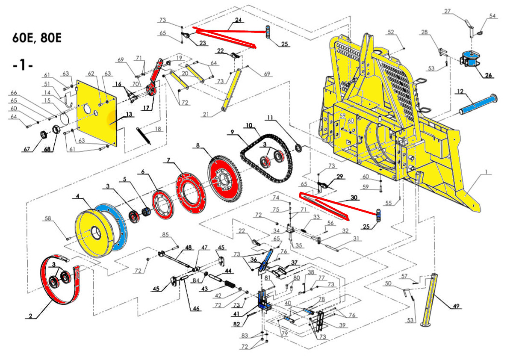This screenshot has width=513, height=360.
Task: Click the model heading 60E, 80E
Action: (x=37, y=38)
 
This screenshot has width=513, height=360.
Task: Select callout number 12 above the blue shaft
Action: (x=460, y=91)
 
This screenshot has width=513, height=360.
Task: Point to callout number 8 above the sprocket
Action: (x=198, y=145)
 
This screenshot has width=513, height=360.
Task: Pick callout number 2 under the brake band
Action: (x=30, y=317)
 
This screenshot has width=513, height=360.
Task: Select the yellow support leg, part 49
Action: (x=431, y=299)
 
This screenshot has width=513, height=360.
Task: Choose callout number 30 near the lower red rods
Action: (x=354, y=198)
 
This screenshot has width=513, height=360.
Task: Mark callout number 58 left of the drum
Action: (x=49, y=219)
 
